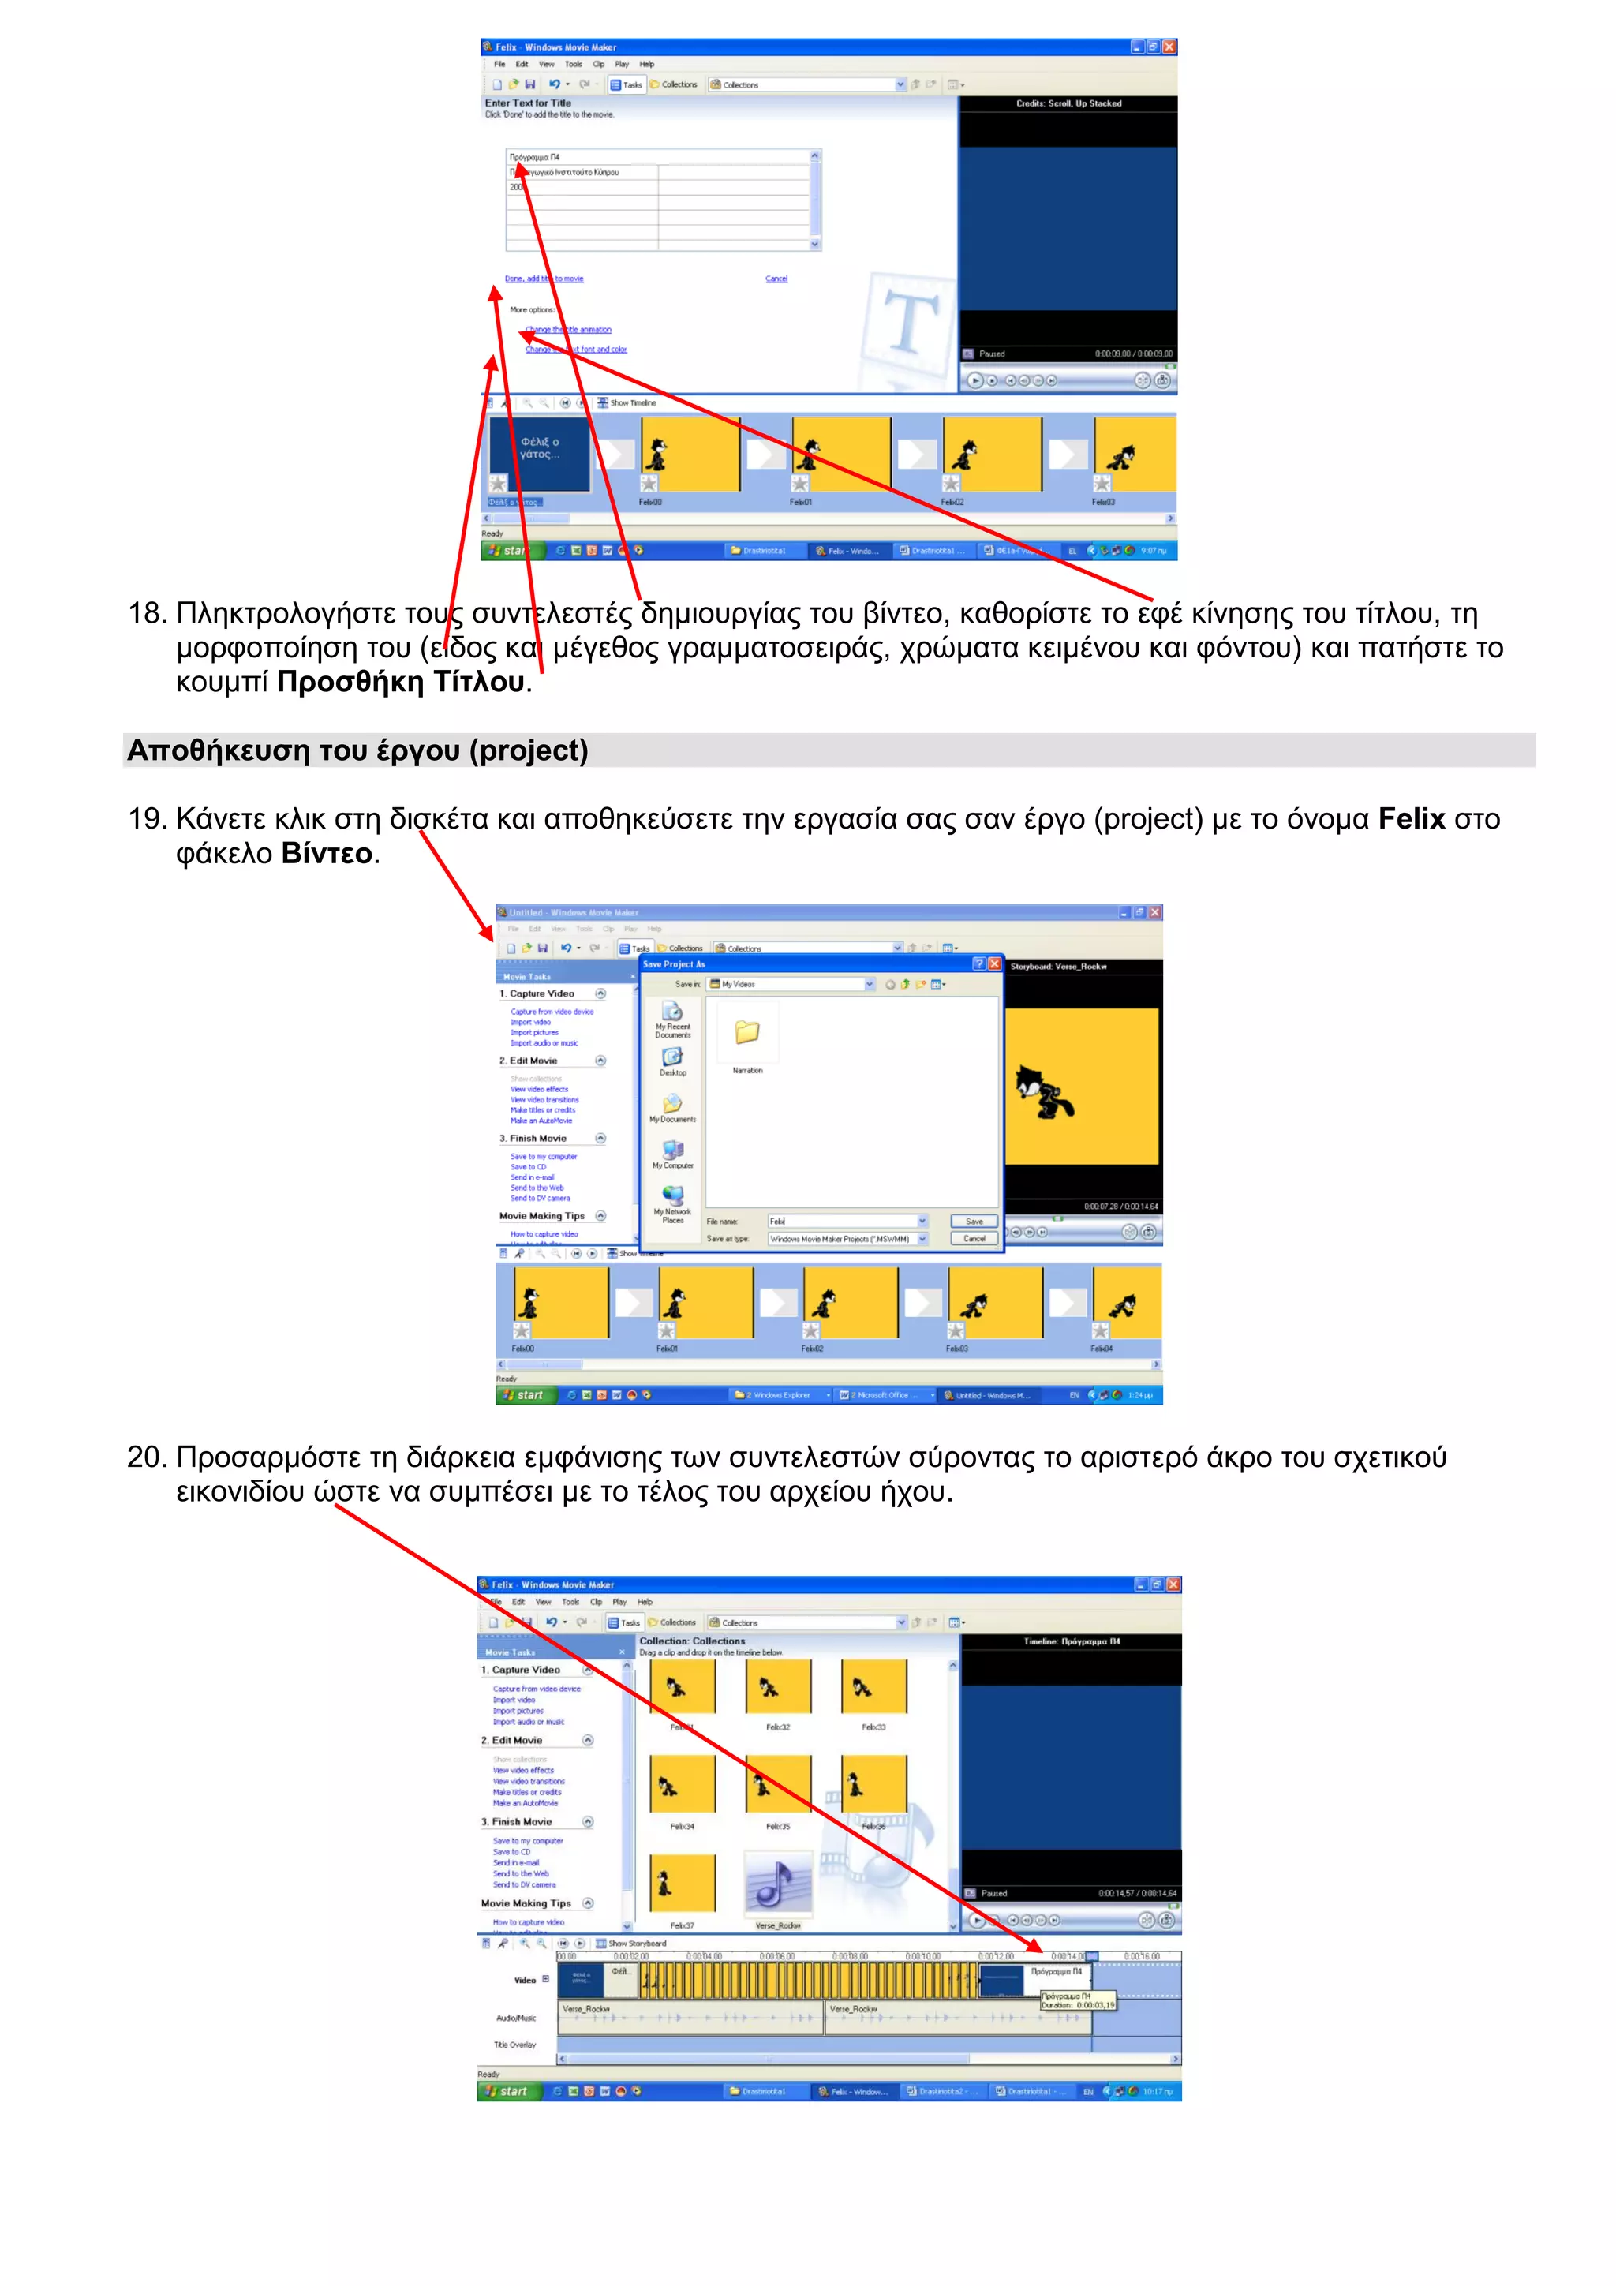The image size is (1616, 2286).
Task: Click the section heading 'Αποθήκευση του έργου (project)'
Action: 357,750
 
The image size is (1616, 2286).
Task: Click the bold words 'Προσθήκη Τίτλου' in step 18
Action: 400,682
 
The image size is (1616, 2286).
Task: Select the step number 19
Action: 145,818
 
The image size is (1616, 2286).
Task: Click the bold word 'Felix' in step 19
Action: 1410,818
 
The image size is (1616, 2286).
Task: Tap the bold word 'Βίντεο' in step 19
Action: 326,853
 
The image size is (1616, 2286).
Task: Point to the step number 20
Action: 145,1457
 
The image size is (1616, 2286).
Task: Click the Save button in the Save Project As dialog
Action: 974,1221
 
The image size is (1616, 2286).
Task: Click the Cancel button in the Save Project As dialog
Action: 974,1239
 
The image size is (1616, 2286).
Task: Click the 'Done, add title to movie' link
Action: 544,279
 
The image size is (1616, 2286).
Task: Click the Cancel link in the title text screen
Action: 776,279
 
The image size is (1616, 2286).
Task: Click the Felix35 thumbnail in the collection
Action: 778,1784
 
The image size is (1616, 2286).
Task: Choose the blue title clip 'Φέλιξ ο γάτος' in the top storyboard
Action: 539,453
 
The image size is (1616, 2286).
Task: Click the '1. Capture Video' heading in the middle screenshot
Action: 541,993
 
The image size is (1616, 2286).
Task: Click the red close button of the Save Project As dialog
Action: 993,963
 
